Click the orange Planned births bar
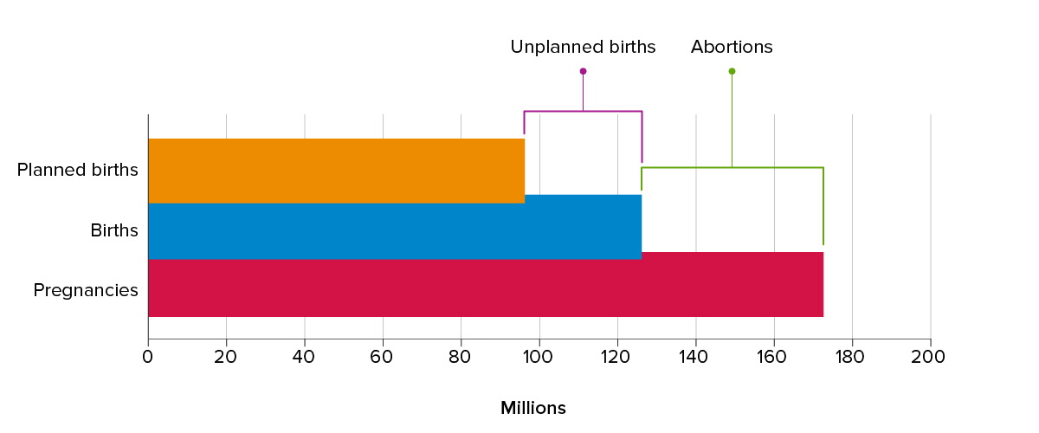point(336,171)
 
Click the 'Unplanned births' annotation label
point(583,47)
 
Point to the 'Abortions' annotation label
point(732,47)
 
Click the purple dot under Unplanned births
point(583,71)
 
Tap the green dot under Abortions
point(732,71)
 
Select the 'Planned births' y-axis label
point(77,170)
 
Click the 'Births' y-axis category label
point(114,230)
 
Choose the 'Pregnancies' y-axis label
point(86,290)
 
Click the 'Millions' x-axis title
point(532,408)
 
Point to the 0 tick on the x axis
point(148,356)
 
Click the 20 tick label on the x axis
point(226,356)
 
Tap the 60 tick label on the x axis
point(383,356)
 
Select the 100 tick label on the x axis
point(539,356)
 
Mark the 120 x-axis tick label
point(617,356)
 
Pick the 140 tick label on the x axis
point(695,356)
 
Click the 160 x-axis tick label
point(774,356)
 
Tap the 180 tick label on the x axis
point(852,356)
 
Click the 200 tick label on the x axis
point(930,356)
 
